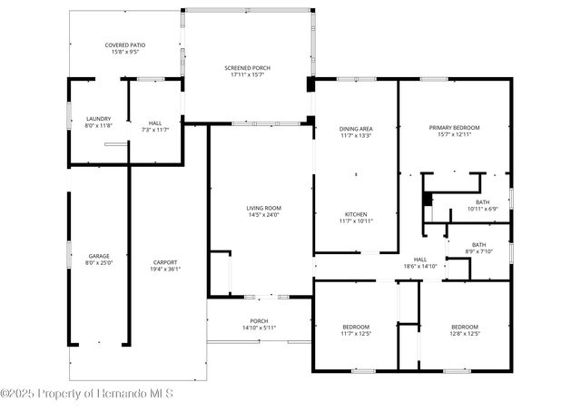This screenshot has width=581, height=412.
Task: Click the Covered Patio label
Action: [x=125, y=44]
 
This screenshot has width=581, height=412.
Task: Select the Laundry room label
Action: [x=98, y=119]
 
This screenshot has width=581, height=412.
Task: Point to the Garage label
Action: [x=99, y=256]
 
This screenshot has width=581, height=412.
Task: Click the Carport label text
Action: [x=165, y=262]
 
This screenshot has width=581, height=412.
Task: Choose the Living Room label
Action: [x=263, y=209]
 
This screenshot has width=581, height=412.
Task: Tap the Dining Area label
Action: [x=356, y=129]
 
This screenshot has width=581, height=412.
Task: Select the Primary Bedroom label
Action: [x=454, y=128]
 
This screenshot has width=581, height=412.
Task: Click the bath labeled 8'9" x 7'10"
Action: [x=478, y=244]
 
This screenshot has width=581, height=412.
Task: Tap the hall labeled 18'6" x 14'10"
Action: [x=420, y=260]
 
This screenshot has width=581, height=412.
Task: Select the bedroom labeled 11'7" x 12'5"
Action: [x=356, y=327]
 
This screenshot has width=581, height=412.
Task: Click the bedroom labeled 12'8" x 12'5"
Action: [x=465, y=327]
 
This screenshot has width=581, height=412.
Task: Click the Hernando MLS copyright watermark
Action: [x=87, y=394]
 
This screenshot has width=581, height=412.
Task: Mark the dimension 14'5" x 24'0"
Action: [x=263, y=215]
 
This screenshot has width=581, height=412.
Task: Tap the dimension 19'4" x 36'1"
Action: [x=165, y=269]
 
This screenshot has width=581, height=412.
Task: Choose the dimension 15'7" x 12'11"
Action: [x=454, y=135]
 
